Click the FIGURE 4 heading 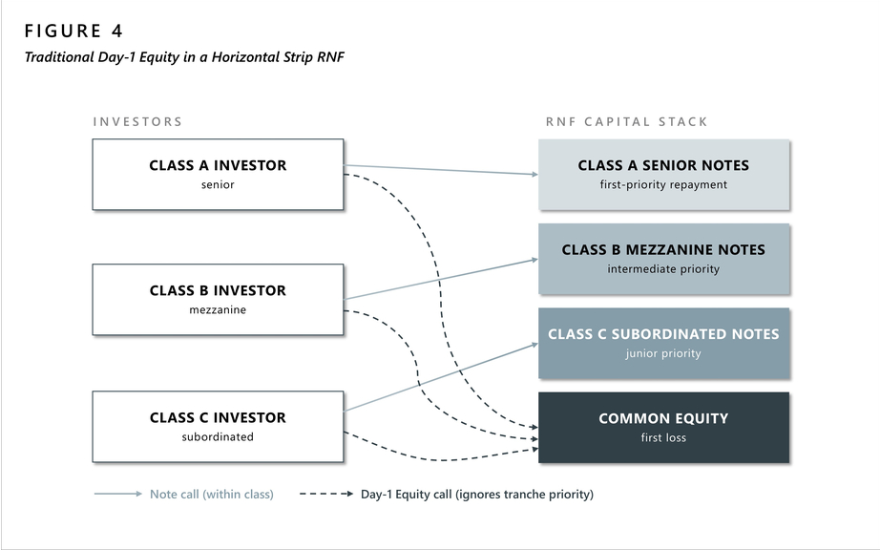[x=73, y=31]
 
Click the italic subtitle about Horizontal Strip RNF [x=184, y=57]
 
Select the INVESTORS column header [x=137, y=122]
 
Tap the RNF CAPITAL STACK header [x=626, y=122]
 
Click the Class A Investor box [x=218, y=175]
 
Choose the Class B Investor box [x=218, y=300]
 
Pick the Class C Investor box [x=218, y=427]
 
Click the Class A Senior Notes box [x=664, y=175]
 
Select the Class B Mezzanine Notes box [x=664, y=259]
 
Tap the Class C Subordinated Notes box [x=664, y=343]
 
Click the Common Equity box [x=664, y=428]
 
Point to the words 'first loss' [x=663, y=437]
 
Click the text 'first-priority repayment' [x=663, y=184]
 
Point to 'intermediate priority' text [x=663, y=269]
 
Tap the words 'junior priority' [x=663, y=353]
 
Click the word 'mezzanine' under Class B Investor [x=218, y=309]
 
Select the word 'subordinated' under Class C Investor [x=218, y=436]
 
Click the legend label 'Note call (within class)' [x=212, y=495]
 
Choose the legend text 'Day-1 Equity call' [x=407, y=495]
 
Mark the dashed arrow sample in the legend [x=326, y=494]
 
